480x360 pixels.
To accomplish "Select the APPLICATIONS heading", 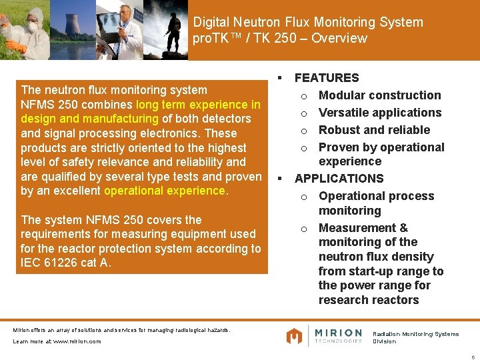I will pos(339,179).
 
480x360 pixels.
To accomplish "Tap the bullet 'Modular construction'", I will pos(379,95).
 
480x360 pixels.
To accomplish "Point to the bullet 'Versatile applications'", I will pos(380,113).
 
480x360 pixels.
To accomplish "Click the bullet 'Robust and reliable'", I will pos(374,130).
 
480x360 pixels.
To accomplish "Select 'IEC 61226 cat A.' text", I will pos(64,263).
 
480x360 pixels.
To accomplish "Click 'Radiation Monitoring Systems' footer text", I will pos(415,334).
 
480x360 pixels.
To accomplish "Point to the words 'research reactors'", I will pos(369,300).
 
